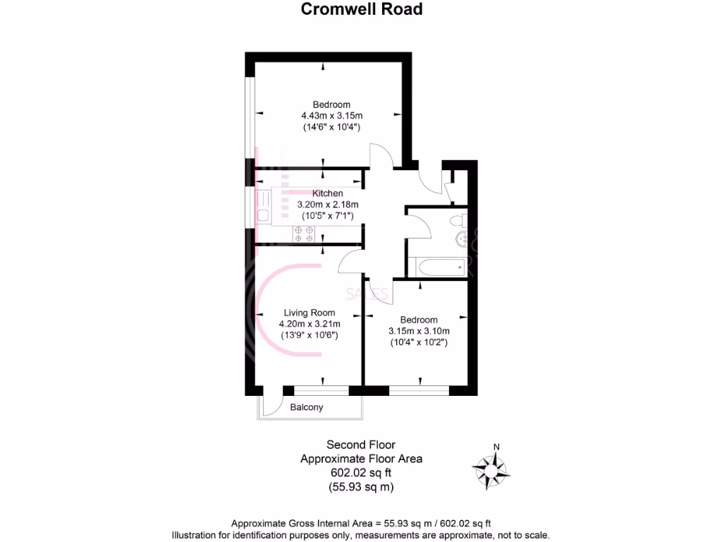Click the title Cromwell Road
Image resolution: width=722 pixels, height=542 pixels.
pyautogui.click(x=362, y=9)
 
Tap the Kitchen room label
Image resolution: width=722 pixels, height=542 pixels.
pyautogui.click(x=328, y=193)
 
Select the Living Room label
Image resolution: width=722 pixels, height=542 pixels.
pyautogui.click(x=310, y=312)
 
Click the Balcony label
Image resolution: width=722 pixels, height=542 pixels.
pyautogui.click(x=307, y=407)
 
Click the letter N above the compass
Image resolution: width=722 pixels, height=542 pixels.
pyautogui.click(x=496, y=446)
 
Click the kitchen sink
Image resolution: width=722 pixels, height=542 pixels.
pyautogui.click(x=262, y=215)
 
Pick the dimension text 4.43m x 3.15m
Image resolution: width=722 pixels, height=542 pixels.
pyautogui.click(x=331, y=116)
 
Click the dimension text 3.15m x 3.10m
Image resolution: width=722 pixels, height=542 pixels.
pyautogui.click(x=419, y=330)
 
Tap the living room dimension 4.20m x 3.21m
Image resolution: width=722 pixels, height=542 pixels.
pyautogui.click(x=310, y=324)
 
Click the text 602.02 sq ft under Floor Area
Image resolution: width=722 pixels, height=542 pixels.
pyautogui.click(x=361, y=473)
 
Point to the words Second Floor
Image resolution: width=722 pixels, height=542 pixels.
pyautogui.click(x=361, y=445)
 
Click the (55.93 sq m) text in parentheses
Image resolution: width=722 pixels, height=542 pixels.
pyautogui.click(x=361, y=487)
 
